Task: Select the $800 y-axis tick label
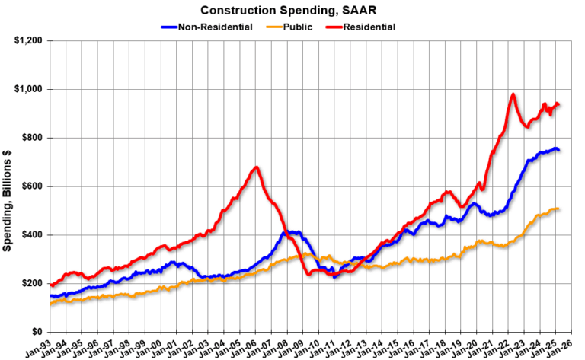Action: [30, 138]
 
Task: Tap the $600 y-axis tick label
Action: [30, 186]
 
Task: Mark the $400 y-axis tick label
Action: [30, 235]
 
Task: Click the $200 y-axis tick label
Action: [30, 283]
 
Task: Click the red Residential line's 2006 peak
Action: [257, 167]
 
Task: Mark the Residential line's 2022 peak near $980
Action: [513, 94]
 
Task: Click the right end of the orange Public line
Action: [558, 209]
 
